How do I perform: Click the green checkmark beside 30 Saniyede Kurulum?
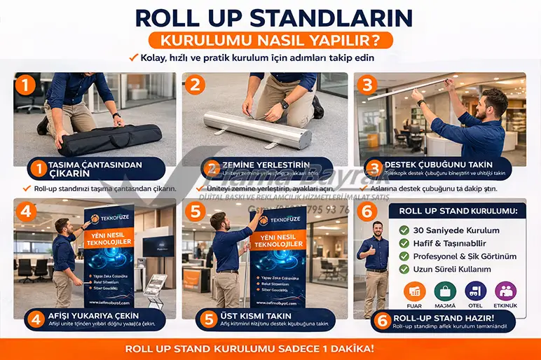(x=404, y=230)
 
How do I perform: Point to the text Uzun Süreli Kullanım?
(x=451, y=269)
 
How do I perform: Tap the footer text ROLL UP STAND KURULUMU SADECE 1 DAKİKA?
(x=270, y=348)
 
